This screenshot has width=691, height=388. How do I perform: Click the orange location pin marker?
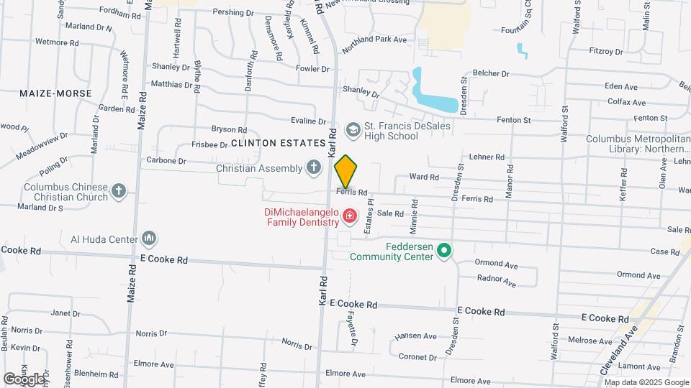tap(346, 172)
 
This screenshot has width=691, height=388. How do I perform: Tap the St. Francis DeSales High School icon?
tap(353, 129)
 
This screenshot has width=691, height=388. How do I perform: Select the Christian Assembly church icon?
tap(313, 168)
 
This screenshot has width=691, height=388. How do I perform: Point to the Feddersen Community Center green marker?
tap(445, 250)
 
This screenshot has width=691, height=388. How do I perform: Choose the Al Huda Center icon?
tap(149, 238)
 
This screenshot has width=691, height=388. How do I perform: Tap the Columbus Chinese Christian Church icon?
tap(119, 192)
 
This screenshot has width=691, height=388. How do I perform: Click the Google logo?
tap(24, 379)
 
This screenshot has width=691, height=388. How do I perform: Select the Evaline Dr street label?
tap(309, 120)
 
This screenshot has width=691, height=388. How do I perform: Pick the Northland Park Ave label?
tap(374, 45)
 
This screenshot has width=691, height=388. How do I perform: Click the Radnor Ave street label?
tap(497, 280)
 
